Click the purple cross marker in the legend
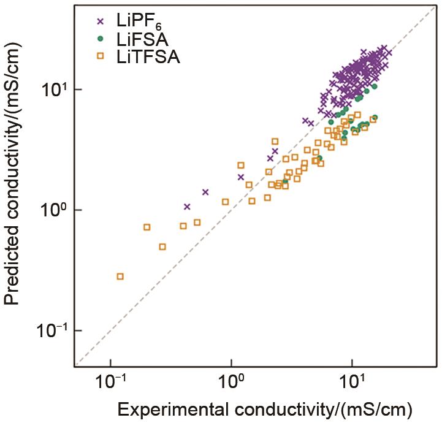(101, 22)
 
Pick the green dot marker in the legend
(101, 41)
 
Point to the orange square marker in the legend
(101, 58)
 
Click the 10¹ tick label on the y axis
(55, 90)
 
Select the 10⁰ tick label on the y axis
(55, 210)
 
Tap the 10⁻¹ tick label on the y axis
(51, 331)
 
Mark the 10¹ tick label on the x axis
(352, 385)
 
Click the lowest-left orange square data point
(120, 276)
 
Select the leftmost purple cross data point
(187, 207)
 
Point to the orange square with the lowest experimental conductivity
(120, 276)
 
